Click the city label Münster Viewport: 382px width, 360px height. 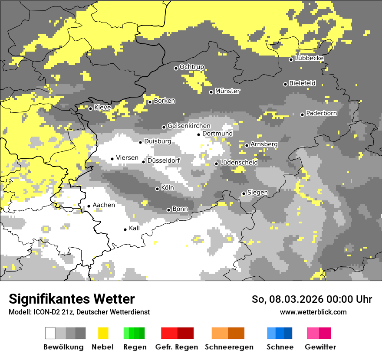tap(227, 91)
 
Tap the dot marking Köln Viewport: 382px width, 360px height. tap(158, 189)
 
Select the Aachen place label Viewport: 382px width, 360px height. tap(104, 205)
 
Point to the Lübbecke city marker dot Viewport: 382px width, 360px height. tap(291, 59)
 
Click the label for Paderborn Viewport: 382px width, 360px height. tap(322, 113)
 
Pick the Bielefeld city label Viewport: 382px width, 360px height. tap(303, 83)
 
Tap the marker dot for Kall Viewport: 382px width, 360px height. tap(125, 229)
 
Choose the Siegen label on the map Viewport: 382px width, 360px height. tap(257, 192)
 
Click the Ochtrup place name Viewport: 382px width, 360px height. tap(192, 67)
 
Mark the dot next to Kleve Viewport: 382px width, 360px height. tap(90, 108)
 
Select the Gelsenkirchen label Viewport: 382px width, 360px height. tap(189, 126)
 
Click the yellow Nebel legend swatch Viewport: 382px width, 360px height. tap(103, 333)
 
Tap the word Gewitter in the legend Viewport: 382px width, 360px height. tap(320, 347)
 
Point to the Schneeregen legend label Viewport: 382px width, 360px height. tap(229, 347)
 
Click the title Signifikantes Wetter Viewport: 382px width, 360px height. tap(72, 299)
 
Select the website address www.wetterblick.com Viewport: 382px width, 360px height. tap(313, 312)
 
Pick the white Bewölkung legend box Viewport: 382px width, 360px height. tap(50, 333)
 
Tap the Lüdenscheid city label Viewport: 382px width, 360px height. tap(239, 162)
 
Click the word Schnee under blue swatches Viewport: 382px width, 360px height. tap(280, 347)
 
